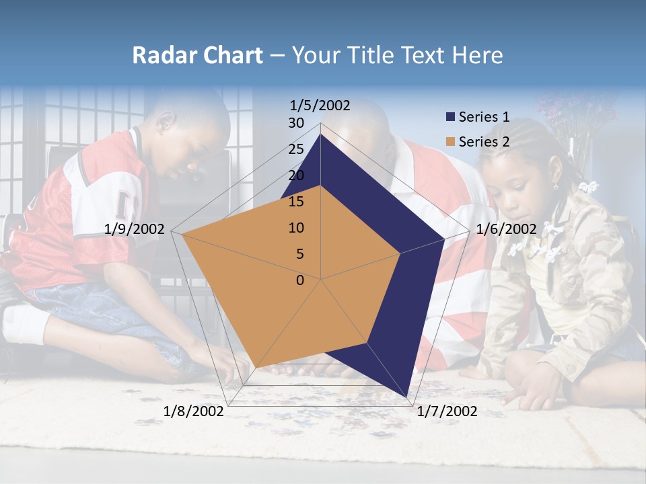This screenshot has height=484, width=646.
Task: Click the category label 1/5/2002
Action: pyautogui.click(x=320, y=106)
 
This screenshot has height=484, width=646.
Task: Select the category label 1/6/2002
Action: pyautogui.click(x=506, y=229)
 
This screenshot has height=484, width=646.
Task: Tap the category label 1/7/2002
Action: pyautogui.click(x=447, y=411)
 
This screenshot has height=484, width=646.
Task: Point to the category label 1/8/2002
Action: pyautogui.click(x=194, y=411)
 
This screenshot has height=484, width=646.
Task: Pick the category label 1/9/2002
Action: pyautogui.click(x=135, y=229)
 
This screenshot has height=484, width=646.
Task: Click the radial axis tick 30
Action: pyautogui.click(x=296, y=123)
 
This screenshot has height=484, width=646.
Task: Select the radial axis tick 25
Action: pyautogui.click(x=296, y=149)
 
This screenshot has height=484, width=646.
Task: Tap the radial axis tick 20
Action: pyautogui.click(x=296, y=175)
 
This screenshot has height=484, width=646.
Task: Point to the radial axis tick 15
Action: pyautogui.click(x=296, y=202)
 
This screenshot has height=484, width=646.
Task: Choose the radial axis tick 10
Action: pyautogui.click(x=296, y=228)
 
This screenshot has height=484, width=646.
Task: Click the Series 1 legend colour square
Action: pyautogui.click(x=450, y=118)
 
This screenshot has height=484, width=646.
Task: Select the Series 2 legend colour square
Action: pyautogui.click(x=450, y=142)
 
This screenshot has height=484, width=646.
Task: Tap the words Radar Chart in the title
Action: pyautogui.click(x=197, y=55)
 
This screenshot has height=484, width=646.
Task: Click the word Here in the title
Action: pyautogui.click(x=478, y=55)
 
